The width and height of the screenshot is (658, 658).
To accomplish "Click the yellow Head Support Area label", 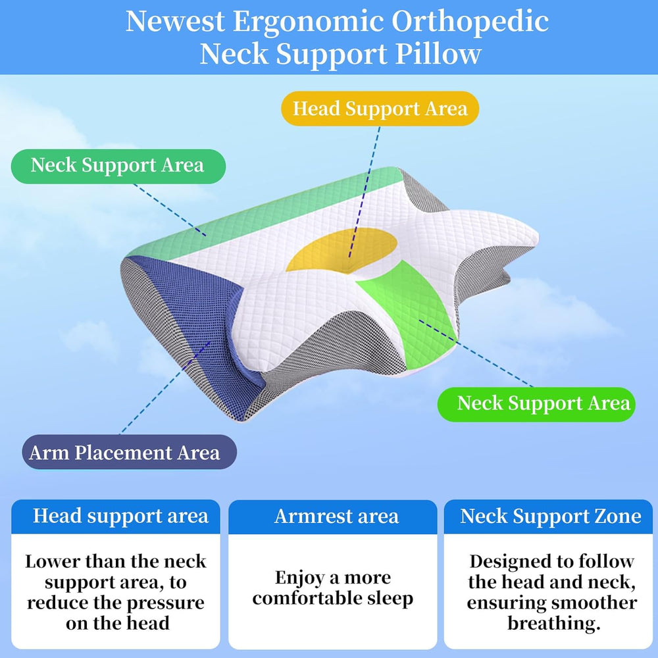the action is pos(380,109).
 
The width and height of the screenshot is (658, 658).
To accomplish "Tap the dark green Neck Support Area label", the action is pos(118,166).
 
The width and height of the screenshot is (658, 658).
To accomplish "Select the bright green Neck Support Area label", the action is pos(536,404).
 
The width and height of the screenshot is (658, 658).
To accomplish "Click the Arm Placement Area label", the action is pos(129,452).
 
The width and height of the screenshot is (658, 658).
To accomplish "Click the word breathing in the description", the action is pos(551,624).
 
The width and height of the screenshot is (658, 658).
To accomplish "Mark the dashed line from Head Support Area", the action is pos(365,191).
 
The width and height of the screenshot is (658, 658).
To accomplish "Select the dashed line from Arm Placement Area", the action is pos(165,388).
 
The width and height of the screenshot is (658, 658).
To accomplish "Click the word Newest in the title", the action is pos(176,21).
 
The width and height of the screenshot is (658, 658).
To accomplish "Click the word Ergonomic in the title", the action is pos(309,22).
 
